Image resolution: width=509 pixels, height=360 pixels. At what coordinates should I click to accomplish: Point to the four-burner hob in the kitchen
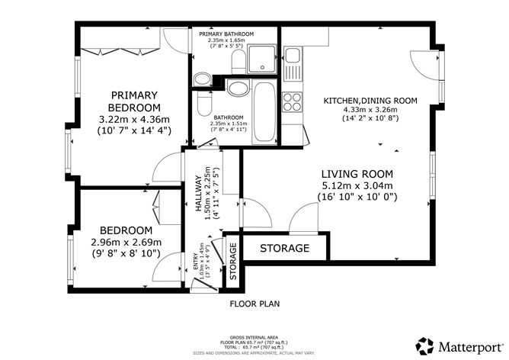(292, 100)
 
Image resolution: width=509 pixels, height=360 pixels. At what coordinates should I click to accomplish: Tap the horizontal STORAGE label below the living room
(285, 249)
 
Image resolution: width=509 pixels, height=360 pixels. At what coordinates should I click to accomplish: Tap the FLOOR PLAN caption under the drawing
(254, 304)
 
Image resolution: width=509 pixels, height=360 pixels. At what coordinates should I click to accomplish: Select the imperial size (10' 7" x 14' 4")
(133, 130)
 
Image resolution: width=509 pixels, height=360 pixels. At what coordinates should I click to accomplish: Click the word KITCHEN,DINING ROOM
(370, 101)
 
